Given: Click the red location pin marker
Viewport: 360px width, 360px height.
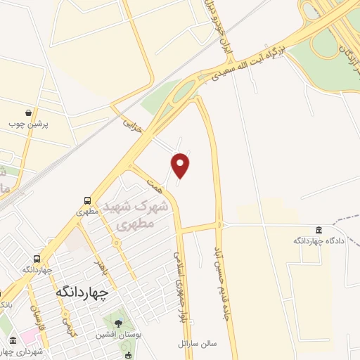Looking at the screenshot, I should [x=181, y=166].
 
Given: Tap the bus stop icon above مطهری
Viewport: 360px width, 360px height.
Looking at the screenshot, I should [x=87, y=200].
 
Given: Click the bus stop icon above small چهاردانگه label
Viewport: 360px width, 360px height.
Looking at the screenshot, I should [x=37, y=259].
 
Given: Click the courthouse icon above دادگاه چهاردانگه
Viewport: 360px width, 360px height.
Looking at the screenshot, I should [x=319, y=230].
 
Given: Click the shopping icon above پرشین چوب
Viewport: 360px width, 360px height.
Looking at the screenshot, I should [x=28, y=112].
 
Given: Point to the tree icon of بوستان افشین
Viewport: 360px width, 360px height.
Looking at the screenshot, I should [x=117, y=324].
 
